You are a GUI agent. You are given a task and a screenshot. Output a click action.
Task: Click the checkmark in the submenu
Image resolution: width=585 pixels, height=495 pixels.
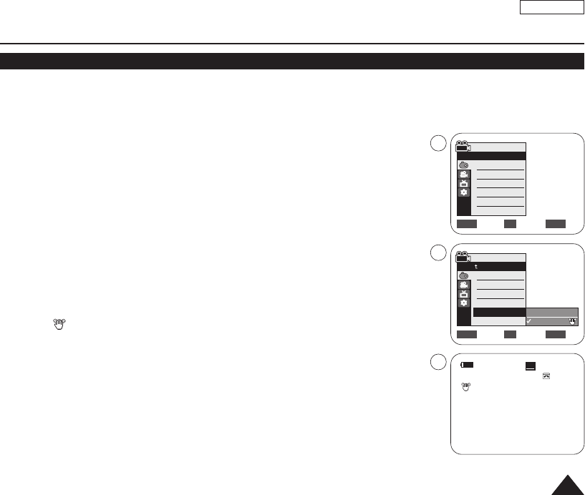click(529, 320)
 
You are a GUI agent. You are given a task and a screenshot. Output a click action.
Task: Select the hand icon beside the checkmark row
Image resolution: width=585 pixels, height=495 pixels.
click(572, 320)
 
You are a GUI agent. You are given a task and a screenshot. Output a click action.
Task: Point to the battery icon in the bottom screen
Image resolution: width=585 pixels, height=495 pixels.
click(468, 365)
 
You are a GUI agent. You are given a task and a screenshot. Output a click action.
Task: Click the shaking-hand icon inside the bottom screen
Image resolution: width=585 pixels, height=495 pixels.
click(465, 386)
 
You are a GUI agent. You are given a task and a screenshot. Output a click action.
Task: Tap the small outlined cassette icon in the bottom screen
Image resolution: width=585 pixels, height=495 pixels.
click(546, 376)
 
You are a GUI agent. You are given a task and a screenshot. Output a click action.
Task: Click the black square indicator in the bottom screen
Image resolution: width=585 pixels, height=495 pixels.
click(531, 366)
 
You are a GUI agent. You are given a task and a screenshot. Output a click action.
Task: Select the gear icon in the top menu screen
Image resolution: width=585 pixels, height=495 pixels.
click(463, 193)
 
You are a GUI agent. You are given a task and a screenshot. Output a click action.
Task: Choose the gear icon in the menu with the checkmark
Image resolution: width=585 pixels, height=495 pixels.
click(463, 303)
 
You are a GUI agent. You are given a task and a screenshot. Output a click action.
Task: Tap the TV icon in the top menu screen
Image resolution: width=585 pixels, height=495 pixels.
click(463, 184)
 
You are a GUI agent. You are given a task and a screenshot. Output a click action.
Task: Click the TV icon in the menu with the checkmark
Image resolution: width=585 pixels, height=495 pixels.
click(463, 294)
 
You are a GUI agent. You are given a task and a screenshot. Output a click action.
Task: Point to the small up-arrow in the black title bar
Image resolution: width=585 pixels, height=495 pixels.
click(475, 266)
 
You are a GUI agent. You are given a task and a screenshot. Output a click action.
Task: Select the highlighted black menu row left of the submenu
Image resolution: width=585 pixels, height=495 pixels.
click(499, 312)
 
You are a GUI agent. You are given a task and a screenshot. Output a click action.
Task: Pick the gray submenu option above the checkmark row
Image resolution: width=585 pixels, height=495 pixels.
click(551, 312)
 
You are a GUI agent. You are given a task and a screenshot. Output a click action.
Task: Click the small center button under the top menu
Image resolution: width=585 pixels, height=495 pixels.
click(510, 224)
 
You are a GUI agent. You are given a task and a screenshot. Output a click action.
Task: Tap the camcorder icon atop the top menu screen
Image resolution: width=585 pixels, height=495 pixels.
click(463, 144)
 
